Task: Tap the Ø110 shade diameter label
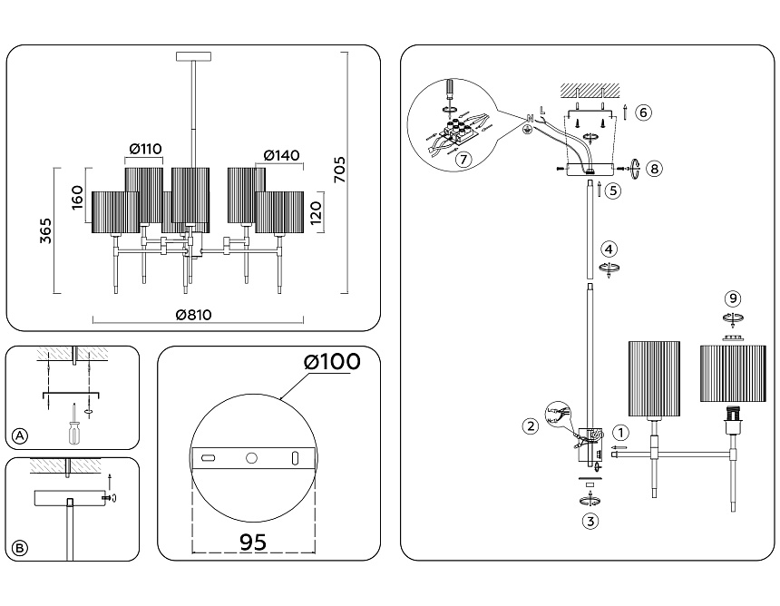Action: [145, 149]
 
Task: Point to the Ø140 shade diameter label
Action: [281, 155]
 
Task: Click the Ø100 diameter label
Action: [333, 362]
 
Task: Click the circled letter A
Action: [20, 437]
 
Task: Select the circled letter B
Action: [20, 547]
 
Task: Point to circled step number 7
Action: [463, 160]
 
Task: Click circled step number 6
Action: [643, 113]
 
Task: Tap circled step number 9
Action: [734, 298]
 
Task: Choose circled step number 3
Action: [590, 521]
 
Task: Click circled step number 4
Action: [609, 248]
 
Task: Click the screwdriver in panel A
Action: [73, 427]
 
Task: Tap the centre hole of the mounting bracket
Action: [252, 457]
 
